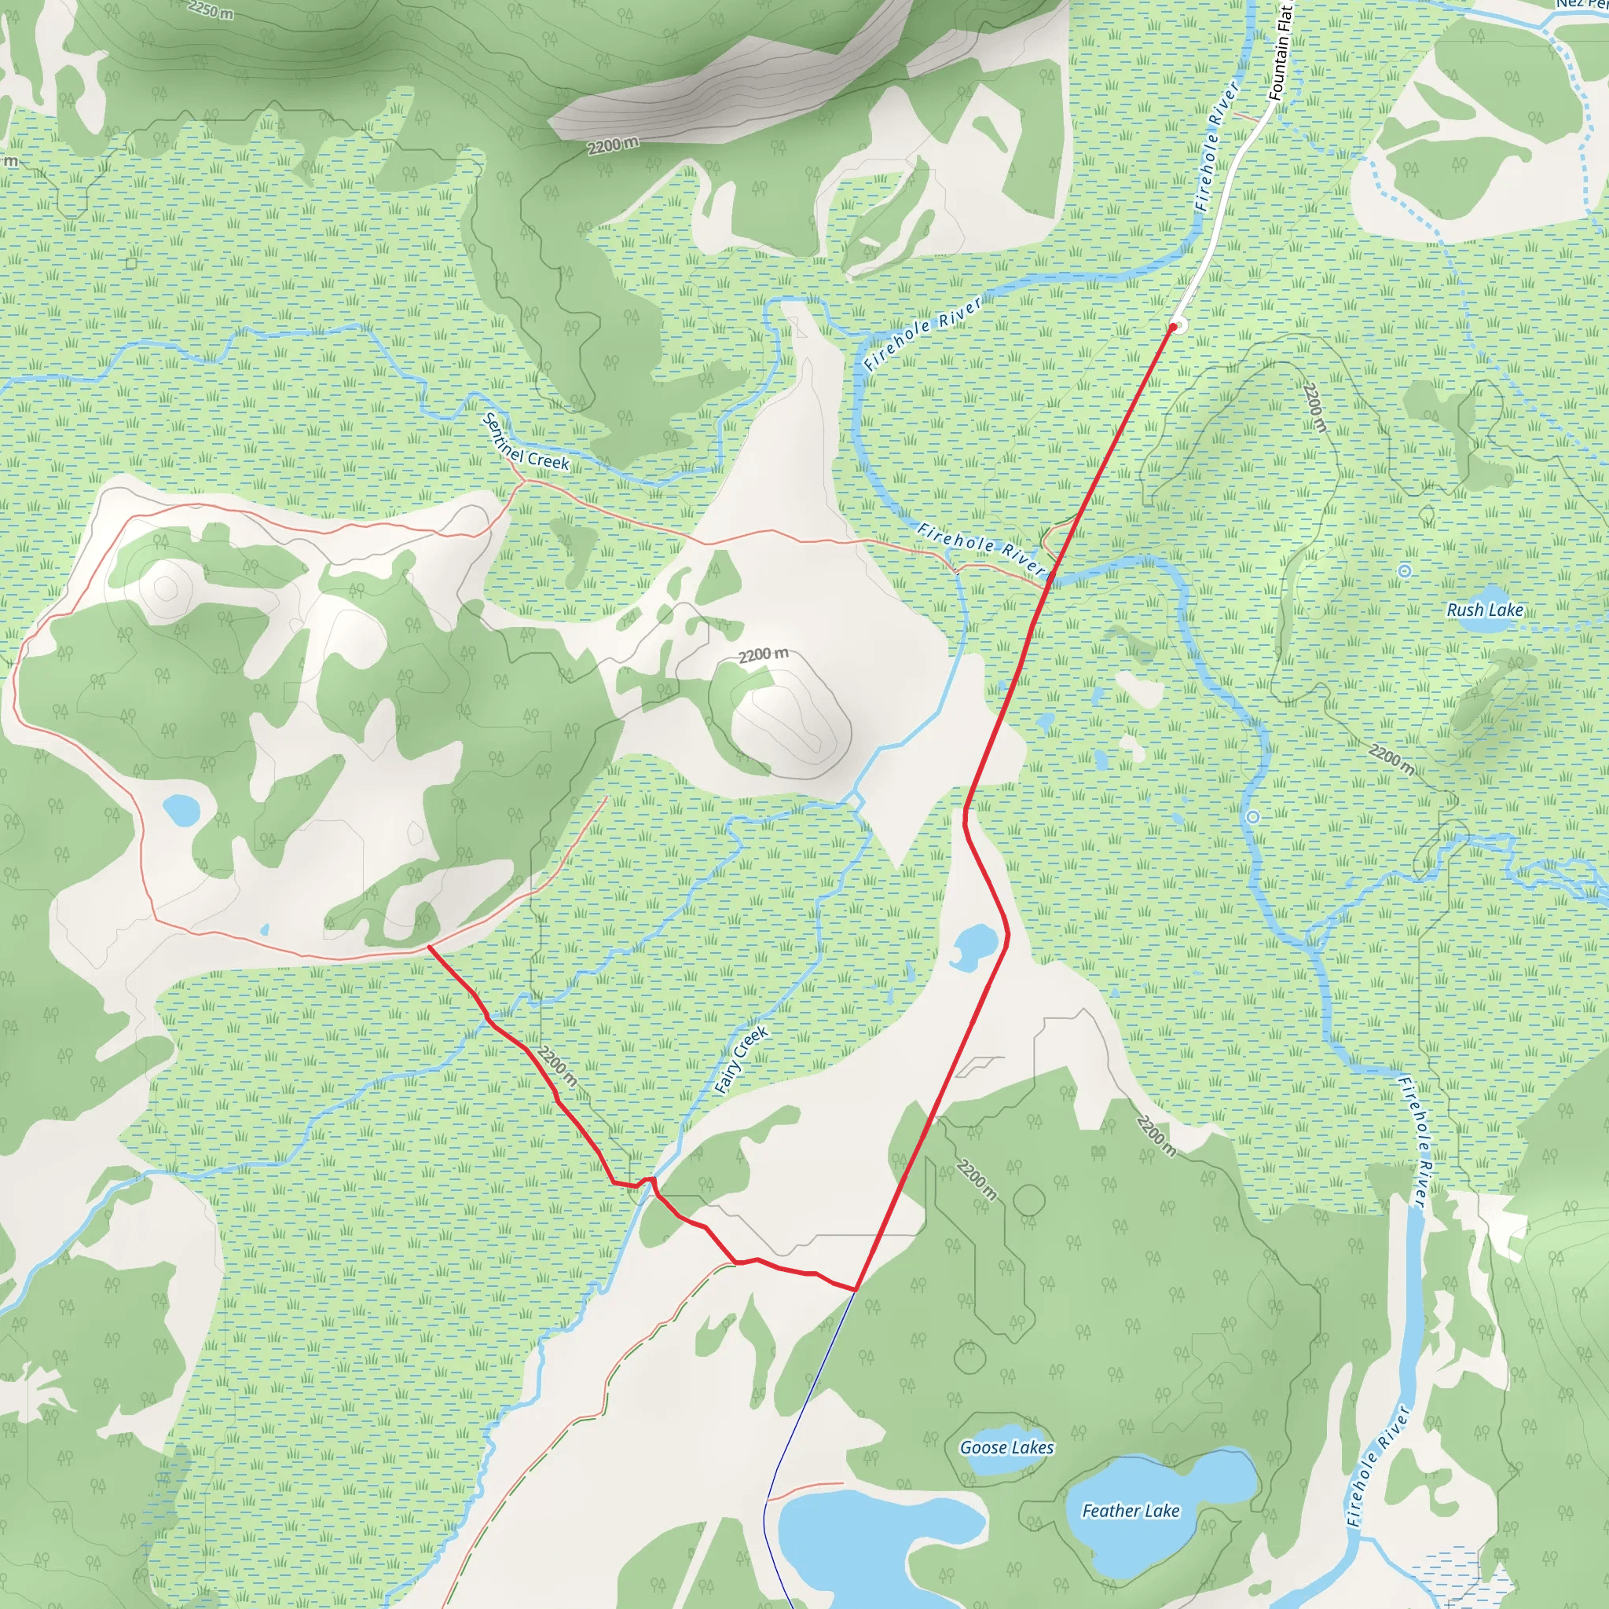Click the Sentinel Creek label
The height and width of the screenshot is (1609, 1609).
(526, 442)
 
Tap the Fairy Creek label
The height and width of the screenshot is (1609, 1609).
(741, 1059)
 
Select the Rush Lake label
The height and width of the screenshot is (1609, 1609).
(1485, 610)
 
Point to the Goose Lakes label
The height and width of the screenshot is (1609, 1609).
(1007, 1447)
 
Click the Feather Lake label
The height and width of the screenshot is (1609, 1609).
(1130, 1511)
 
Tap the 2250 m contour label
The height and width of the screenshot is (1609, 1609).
(210, 10)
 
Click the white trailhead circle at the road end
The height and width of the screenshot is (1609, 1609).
(1178, 324)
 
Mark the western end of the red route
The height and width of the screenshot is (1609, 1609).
(428, 947)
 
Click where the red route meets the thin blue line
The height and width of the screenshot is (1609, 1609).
(856, 1290)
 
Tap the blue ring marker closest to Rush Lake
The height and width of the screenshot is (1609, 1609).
(1405, 570)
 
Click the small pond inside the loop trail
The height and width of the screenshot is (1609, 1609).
(181, 808)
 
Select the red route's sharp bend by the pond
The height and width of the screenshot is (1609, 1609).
(1008, 934)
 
